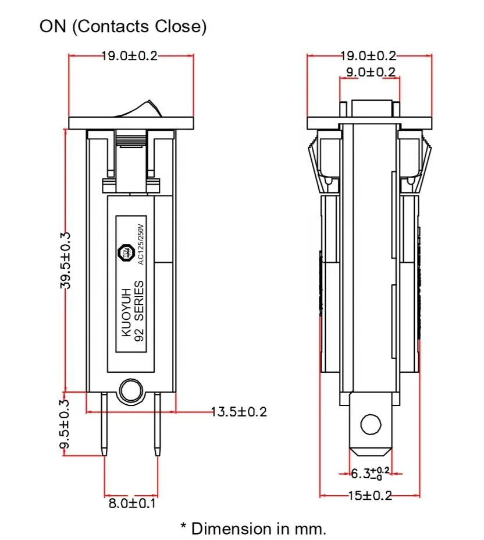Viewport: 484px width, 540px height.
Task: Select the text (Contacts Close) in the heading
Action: (x=139, y=26)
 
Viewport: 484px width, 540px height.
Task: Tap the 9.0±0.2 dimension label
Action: (x=368, y=72)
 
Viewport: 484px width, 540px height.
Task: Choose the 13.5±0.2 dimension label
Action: (x=239, y=412)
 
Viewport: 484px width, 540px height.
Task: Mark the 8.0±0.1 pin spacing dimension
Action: (x=132, y=503)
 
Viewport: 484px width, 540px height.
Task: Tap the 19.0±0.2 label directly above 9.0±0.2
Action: (x=368, y=56)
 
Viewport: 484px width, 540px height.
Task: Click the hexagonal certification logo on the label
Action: (x=126, y=252)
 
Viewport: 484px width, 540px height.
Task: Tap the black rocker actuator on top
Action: (x=139, y=108)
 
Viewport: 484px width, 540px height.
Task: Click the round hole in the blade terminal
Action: (x=369, y=423)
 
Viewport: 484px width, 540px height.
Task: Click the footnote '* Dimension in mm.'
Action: (x=253, y=528)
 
